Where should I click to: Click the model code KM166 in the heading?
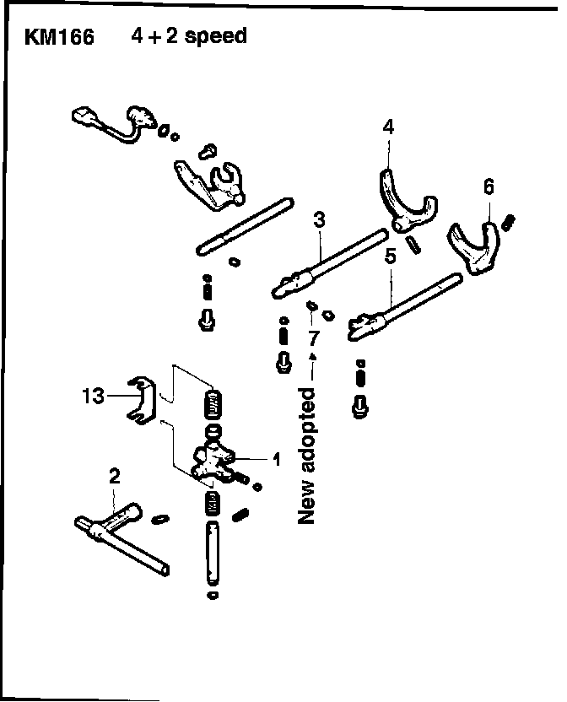coord(60,38)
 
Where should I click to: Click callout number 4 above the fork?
coord(388,127)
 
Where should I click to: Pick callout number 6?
coord(489,186)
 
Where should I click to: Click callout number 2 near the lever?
coord(115,476)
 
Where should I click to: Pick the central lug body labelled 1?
coord(216,461)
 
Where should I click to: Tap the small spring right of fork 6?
coord(509,221)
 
